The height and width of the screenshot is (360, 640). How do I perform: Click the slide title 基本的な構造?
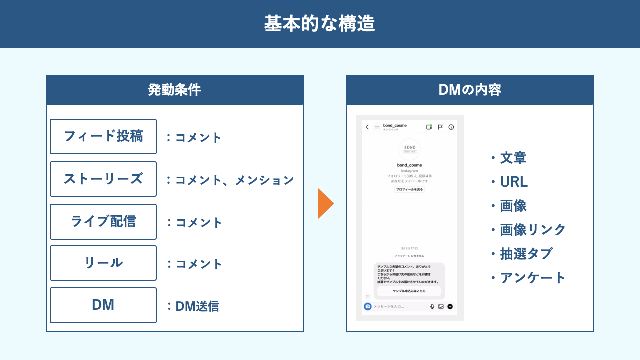click(319, 24)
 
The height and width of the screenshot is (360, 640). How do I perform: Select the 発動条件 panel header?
click(175, 90)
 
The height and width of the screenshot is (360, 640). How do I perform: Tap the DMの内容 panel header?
click(470, 90)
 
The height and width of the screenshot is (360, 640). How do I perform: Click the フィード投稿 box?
click(103, 136)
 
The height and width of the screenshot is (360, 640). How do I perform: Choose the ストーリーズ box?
click(103, 179)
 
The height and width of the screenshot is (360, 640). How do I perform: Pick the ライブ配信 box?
click(103, 221)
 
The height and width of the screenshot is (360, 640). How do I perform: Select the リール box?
click(103, 263)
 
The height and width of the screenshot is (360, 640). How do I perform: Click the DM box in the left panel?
click(103, 305)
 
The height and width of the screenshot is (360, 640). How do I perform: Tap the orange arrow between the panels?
click(325, 203)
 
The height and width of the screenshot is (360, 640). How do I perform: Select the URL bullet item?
click(513, 182)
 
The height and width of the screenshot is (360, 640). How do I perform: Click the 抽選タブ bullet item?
click(526, 253)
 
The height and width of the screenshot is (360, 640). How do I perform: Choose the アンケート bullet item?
click(532, 277)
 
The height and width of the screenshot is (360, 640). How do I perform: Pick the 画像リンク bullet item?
click(532, 229)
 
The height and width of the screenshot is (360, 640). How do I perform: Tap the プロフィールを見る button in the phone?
click(409, 190)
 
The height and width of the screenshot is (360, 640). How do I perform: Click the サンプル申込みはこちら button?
click(409, 291)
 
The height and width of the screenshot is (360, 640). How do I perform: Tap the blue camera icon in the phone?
click(368, 306)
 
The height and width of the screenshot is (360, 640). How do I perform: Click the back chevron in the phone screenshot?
click(367, 127)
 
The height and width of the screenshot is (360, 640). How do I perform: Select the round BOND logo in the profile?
click(409, 149)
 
